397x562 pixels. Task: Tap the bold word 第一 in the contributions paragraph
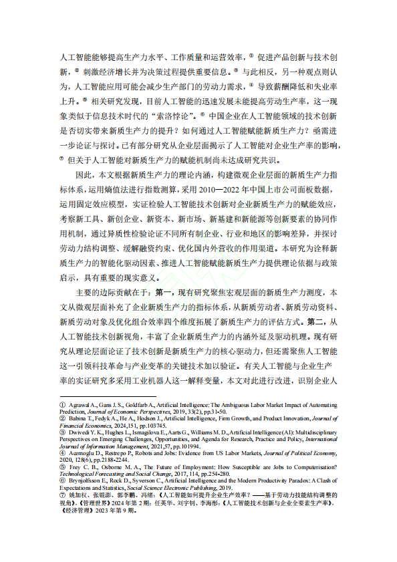pyautogui.click(x=164, y=293)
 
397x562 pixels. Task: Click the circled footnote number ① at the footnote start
pyautogui.click(x=62, y=405)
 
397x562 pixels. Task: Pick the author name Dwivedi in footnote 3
pyautogui.click(x=81, y=433)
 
